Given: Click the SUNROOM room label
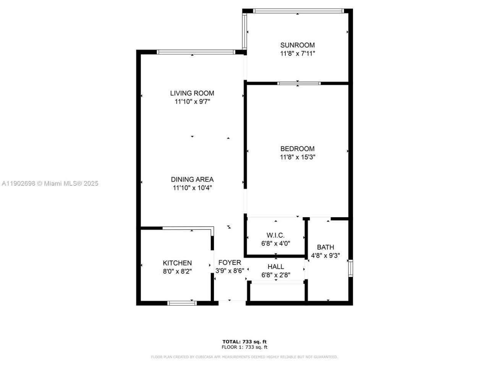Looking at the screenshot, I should (297, 45).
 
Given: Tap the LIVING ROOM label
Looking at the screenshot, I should (192, 93).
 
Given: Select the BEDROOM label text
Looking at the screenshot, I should (297, 149).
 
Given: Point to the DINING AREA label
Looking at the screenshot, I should (192, 179).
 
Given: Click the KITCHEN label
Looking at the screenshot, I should (177, 263).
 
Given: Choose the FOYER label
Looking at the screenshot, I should (230, 263).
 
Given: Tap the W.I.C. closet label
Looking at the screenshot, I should (275, 235).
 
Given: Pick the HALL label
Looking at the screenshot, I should (275, 266).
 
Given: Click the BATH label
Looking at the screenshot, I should (325, 247).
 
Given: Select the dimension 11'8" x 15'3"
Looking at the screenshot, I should (297, 157).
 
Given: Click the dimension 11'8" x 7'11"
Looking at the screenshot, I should (297, 54).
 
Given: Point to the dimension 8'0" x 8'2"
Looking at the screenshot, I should (177, 271).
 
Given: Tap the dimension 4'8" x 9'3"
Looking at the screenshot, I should (325, 256).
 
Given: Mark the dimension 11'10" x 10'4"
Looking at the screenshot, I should (192, 188).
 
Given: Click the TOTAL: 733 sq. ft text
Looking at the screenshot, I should (244, 341).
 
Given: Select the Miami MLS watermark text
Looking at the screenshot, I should (50, 183).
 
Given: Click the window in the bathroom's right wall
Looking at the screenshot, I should (350, 268).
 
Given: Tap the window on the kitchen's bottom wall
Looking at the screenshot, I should (182, 303).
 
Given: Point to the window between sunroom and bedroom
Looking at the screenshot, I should (299, 83).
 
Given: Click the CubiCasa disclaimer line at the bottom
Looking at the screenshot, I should (244, 357).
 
